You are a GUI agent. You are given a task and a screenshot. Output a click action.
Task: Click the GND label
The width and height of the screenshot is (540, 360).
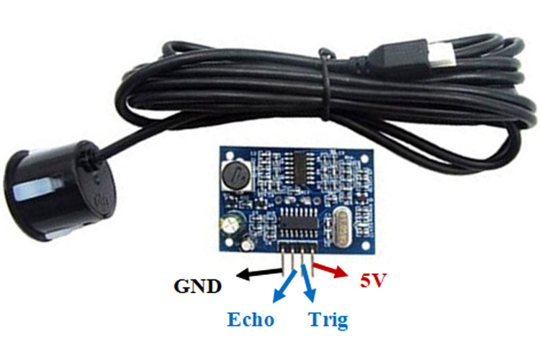pos(197,287)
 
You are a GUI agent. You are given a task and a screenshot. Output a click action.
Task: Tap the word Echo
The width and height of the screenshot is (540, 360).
pos(251,320)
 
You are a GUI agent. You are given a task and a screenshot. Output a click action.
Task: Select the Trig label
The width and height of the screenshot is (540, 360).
pos(328,320)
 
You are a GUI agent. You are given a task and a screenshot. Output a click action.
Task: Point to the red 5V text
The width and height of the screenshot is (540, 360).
pos(373,280)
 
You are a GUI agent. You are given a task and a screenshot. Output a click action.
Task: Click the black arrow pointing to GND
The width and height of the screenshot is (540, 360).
pos(259,273)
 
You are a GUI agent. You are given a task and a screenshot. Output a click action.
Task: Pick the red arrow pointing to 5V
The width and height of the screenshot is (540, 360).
pos(330,270)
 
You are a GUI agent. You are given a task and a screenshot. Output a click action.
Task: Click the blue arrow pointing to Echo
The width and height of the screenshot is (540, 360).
pos(284,286)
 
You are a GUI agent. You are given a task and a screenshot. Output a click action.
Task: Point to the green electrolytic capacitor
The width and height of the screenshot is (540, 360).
pos(231,224)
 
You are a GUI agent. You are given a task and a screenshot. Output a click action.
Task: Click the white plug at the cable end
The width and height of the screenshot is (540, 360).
pos(442,56)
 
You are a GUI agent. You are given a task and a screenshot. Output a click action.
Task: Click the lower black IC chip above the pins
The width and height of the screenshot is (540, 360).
pos(298,222)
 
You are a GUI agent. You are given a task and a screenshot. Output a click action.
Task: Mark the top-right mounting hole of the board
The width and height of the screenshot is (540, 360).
pos(364,158)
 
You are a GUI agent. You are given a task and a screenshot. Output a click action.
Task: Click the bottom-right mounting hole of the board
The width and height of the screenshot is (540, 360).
pos(365,246)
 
